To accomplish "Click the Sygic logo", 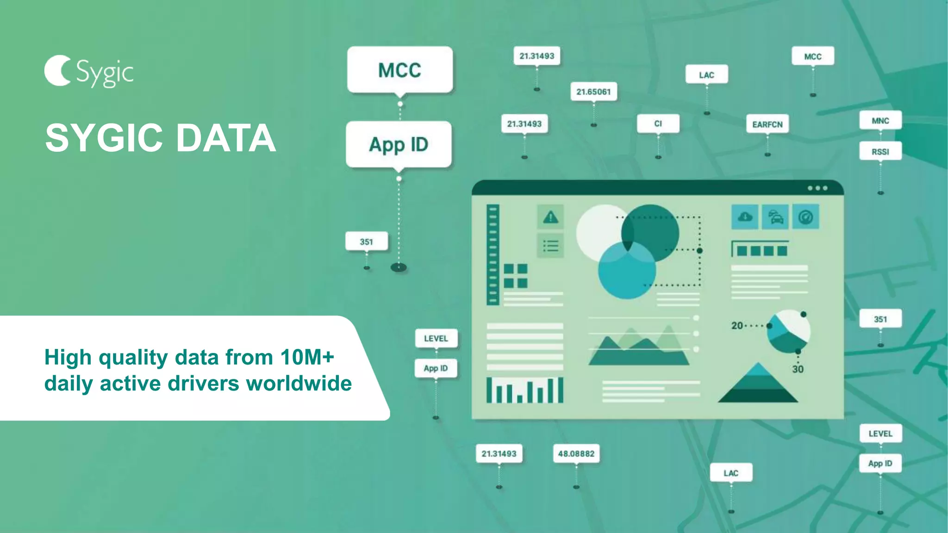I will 88,72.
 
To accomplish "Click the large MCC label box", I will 399,70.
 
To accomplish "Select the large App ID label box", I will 399,144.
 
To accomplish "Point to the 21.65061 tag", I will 593,92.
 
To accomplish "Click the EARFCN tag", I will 767,124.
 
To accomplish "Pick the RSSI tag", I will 880,152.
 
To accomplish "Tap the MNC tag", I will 880,121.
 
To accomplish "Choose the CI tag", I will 658,124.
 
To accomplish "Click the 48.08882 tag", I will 576,453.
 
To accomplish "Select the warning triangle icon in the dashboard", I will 550,217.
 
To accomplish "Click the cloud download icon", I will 745,217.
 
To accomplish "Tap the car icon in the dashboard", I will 775,217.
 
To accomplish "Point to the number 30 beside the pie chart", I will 798,369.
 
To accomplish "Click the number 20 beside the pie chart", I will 737,326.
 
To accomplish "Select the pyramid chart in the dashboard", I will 758,384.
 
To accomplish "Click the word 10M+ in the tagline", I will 307,357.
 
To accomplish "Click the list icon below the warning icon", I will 550,246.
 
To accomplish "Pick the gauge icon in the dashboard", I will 805,217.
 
